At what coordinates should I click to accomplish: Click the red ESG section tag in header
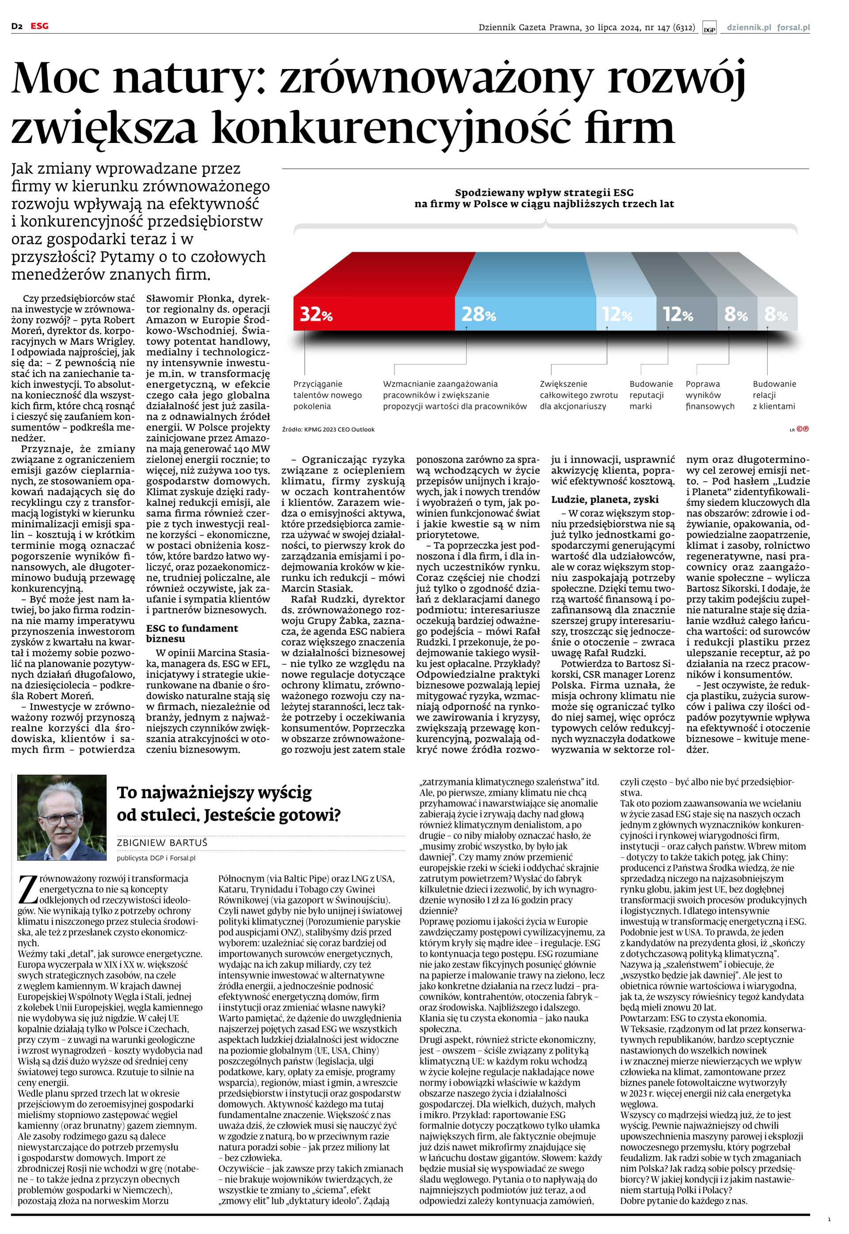(x=39, y=26)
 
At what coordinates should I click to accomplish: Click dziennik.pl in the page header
(x=749, y=27)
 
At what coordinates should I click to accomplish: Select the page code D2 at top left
(x=16, y=26)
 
